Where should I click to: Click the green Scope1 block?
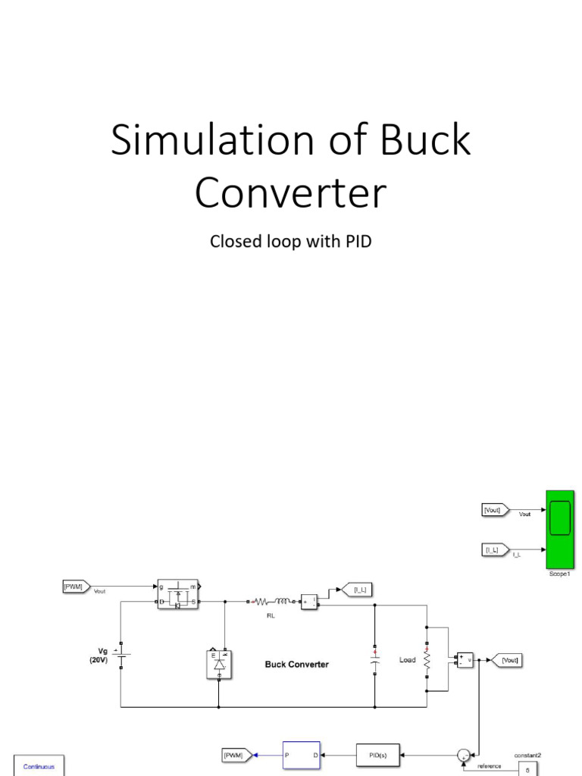tap(559, 528)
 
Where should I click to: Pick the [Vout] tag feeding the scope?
tap(495, 511)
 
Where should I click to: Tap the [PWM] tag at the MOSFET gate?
tap(76, 586)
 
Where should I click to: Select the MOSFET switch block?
tap(178, 595)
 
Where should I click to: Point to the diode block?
tap(219, 664)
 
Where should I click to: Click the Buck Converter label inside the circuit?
tap(296, 665)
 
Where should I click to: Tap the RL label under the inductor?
tap(270, 616)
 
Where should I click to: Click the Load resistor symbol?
tap(427, 659)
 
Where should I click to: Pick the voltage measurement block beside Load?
tap(463, 660)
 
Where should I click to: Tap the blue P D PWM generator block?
tap(301, 755)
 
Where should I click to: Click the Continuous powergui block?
tap(39, 766)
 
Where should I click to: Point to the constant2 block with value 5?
tap(527, 768)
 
